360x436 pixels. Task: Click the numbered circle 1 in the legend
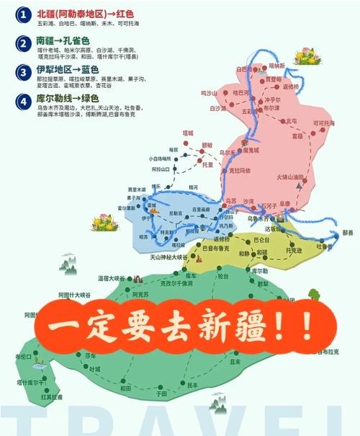(24, 14)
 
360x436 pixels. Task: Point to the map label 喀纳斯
(277, 65)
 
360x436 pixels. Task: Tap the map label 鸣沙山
(208, 93)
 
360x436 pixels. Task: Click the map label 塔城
(188, 133)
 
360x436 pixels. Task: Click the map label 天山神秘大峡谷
(158, 257)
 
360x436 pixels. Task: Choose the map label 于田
(161, 394)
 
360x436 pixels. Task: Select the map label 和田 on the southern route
(125, 387)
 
